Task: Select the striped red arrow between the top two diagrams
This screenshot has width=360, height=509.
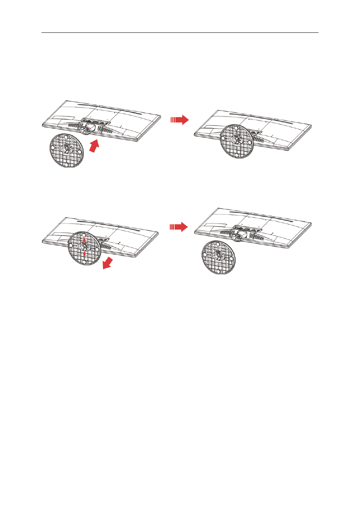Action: coord(180,120)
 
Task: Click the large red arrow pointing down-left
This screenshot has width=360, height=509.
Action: coord(108,263)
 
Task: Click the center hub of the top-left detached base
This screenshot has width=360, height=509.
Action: coord(66,149)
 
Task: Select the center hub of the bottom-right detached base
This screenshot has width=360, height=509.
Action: coord(218,256)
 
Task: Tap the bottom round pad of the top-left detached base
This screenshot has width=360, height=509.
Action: coord(66,164)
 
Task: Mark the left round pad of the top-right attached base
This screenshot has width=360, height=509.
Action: coord(223,138)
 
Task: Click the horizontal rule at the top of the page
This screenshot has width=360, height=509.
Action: coord(180,32)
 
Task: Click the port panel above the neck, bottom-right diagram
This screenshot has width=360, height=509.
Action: coord(248,228)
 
